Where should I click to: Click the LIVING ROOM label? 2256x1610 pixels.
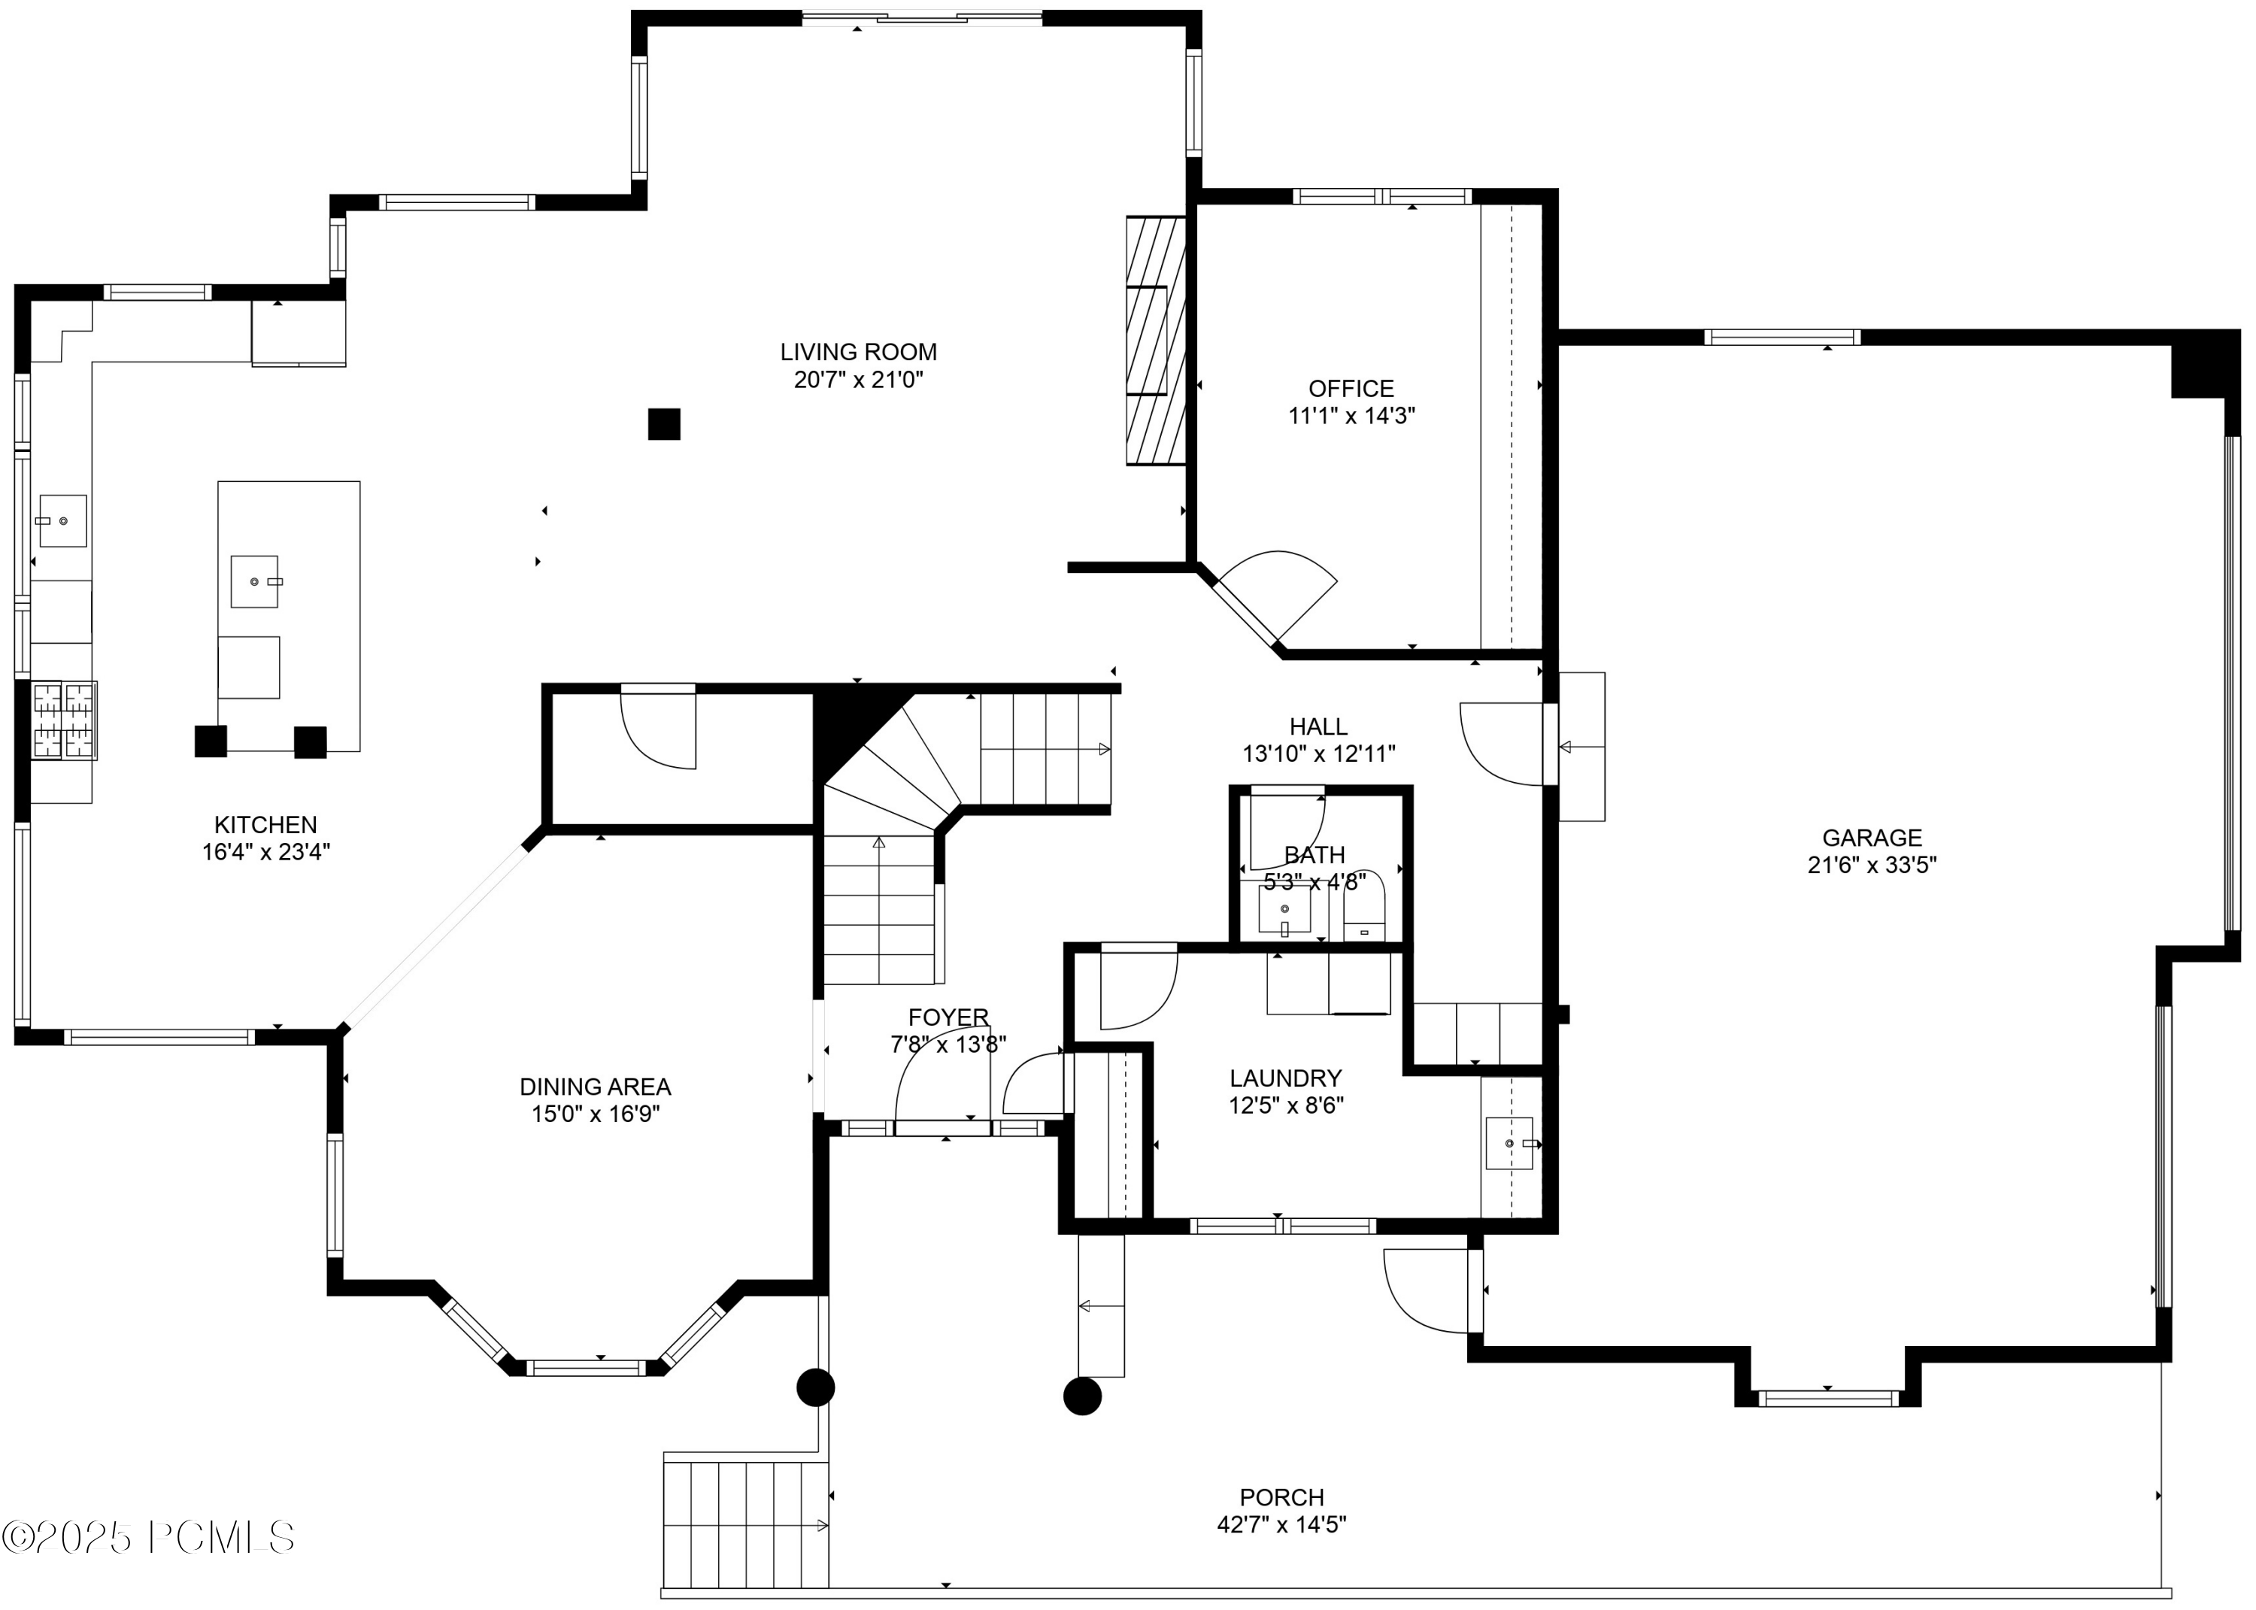click(x=857, y=352)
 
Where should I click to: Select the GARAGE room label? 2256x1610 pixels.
click(x=1872, y=838)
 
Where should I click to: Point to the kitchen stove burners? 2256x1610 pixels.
click(x=65, y=720)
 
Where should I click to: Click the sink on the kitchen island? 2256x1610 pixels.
click(x=255, y=581)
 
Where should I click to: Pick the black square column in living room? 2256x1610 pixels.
click(x=664, y=424)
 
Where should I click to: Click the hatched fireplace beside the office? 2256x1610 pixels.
click(x=1156, y=340)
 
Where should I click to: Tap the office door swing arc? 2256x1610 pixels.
click(x=1289, y=585)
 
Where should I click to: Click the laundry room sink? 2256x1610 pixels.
click(x=1509, y=1143)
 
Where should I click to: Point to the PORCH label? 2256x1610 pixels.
click(x=1281, y=1497)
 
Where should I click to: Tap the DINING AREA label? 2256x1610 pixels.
click(x=595, y=1087)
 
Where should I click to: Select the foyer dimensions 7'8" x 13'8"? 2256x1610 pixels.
click(x=948, y=1044)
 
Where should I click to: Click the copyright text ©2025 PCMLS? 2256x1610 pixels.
click(x=149, y=1538)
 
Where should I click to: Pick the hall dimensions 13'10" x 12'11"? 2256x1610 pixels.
click(x=1318, y=753)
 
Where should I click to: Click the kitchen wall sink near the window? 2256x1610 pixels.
click(x=62, y=520)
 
